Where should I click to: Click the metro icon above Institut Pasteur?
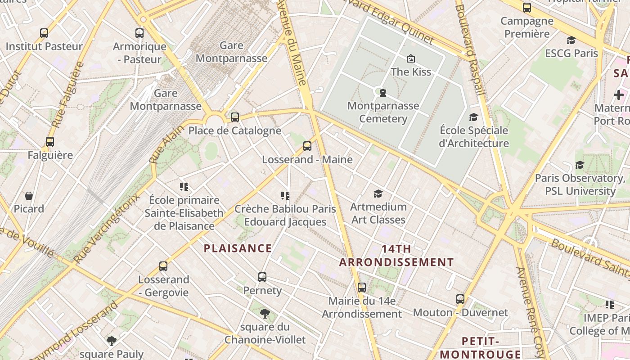[x=44, y=33]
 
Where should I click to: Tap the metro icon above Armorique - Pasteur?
[x=139, y=33]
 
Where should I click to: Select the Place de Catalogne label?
[x=234, y=130]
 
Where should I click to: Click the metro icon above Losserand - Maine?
[x=307, y=146]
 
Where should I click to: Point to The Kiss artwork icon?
[x=410, y=58]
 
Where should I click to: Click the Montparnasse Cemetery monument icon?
[x=382, y=93]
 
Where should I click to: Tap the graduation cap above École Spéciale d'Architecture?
[x=473, y=117]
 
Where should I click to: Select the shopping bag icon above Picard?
[x=29, y=196]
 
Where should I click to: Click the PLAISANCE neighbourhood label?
[x=238, y=248]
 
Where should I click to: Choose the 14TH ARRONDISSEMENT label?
[x=396, y=256]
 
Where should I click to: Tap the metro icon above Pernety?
[x=262, y=277]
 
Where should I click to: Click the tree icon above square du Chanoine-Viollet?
[x=265, y=313]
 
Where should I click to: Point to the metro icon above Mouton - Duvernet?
[x=460, y=299]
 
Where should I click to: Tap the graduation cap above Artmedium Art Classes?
[x=378, y=193]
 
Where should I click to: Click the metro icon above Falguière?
[x=50, y=142]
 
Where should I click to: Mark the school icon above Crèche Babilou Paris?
[x=285, y=196]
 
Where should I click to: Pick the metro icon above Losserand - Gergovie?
[x=163, y=266]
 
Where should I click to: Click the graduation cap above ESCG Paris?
[x=571, y=40]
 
